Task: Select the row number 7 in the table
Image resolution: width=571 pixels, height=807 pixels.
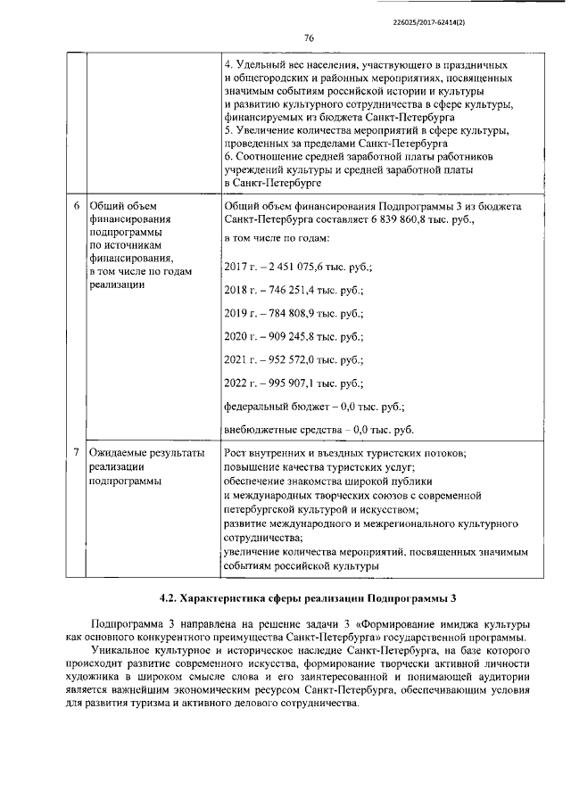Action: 76,453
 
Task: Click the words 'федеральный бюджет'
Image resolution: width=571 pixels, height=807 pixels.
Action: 275,407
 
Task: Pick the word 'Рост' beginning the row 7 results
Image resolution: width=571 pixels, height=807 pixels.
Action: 236,453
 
